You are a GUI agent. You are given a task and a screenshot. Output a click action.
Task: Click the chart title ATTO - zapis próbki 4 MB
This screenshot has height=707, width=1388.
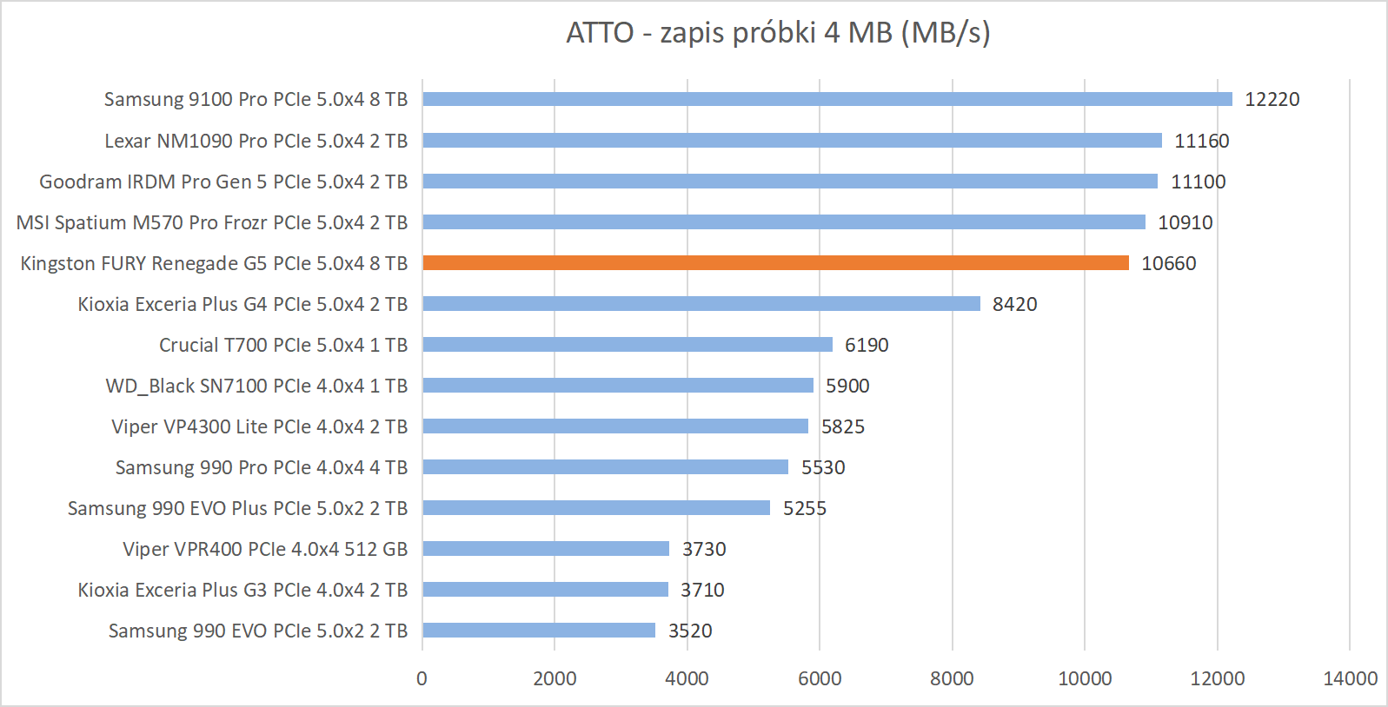pos(778,33)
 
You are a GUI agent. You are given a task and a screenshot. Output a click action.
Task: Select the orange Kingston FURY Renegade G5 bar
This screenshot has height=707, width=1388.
pos(775,263)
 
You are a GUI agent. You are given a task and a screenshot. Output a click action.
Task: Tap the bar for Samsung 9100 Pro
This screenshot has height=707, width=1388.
pos(827,99)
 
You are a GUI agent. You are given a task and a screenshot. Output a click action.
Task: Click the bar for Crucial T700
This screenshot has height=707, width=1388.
pos(628,345)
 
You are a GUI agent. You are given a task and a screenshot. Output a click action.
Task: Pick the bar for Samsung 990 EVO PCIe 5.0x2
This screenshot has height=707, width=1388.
pos(539,631)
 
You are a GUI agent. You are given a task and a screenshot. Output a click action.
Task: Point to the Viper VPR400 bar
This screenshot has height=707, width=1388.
pos(546,549)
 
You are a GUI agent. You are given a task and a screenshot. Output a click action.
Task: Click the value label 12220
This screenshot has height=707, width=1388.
pos(1272,99)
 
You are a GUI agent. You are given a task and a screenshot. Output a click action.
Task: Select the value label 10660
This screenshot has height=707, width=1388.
pos(1168,263)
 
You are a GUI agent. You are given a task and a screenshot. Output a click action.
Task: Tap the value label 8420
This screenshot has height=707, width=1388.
pos(1014,304)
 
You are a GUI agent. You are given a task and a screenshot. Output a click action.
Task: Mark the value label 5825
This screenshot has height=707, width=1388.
pos(842,426)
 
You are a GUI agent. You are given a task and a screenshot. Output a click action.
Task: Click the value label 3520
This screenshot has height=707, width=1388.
pos(689,631)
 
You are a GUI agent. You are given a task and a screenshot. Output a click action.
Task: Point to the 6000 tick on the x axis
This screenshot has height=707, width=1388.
pos(820,678)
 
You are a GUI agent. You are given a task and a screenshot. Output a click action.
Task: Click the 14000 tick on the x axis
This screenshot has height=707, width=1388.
pos(1349,678)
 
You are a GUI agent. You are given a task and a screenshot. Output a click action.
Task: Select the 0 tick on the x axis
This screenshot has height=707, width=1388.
pos(422,678)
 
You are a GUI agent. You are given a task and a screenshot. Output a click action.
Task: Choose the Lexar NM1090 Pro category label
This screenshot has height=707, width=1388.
pos(256,141)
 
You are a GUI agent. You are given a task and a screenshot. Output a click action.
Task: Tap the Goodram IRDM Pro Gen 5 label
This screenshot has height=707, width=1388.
pos(223,182)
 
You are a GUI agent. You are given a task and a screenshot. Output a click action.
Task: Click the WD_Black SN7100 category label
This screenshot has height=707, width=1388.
pos(256,386)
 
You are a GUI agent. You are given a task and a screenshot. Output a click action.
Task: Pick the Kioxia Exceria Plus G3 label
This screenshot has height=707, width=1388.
pos(242,590)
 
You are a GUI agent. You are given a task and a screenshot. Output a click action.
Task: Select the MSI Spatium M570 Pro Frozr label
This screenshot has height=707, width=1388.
pos(212,222)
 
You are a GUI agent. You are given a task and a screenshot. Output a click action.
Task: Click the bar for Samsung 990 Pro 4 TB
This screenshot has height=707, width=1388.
pos(605,467)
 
